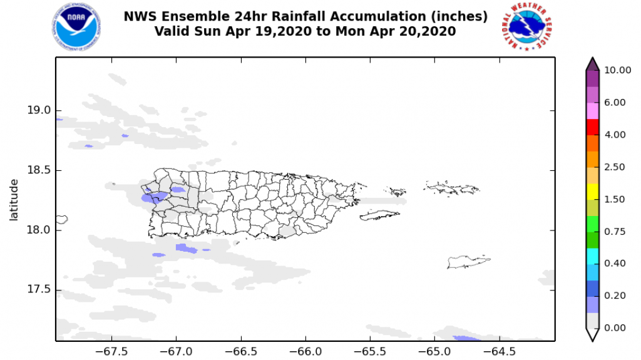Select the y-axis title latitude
(x=14, y=200)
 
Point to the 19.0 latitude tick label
(x=38, y=110)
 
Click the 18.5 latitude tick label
(x=38, y=170)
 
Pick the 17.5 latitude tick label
(x=38, y=290)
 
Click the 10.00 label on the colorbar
(x=617, y=70)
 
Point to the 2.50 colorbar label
(x=615, y=167)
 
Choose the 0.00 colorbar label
(x=615, y=327)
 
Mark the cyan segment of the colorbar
(x=592, y=255)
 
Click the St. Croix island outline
(x=467, y=262)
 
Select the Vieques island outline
(x=379, y=215)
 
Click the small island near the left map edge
(x=61, y=219)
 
